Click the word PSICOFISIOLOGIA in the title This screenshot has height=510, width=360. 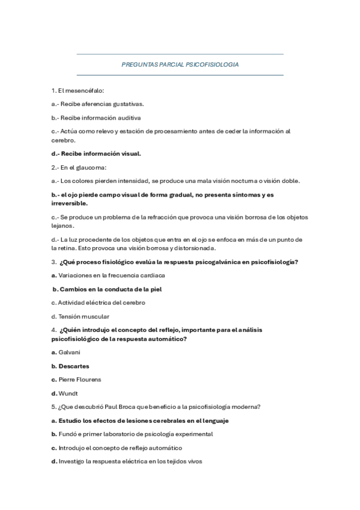(x=212, y=64)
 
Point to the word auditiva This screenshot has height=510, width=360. (x=128, y=118)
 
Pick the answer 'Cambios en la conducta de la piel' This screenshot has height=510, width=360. (x=111, y=289)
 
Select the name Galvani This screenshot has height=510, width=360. (x=70, y=352)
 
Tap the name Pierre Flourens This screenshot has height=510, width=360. (x=80, y=379)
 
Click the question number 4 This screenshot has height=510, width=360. (x=53, y=330)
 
